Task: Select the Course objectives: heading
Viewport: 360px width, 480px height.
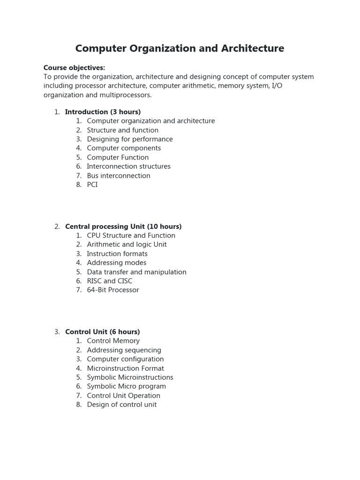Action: [74, 67]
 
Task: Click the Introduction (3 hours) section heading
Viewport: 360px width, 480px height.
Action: [103, 112]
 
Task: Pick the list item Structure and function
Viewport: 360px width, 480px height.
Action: [122, 130]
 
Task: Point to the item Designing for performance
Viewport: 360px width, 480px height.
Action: [129, 139]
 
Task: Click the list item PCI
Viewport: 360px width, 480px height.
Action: [92, 185]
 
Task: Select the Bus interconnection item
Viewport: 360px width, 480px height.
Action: [119, 175]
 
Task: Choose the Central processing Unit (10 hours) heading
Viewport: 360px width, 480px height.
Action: [123, 226]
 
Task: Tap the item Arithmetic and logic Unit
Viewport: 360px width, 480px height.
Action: [127, 245]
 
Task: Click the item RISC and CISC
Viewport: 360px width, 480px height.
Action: [109, 281]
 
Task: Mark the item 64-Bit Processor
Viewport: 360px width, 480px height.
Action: [113, 290]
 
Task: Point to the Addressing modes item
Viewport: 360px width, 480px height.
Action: [116, 263]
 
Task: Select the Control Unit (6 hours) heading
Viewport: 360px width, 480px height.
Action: [102, 332]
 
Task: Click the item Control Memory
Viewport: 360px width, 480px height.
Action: [113, 341]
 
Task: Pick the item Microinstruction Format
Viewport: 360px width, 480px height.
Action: [125, 368]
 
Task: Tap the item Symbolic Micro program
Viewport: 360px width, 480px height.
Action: [126, 386]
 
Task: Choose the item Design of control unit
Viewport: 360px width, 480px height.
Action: [121, 405]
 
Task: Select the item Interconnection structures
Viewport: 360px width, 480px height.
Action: [128, 166]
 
